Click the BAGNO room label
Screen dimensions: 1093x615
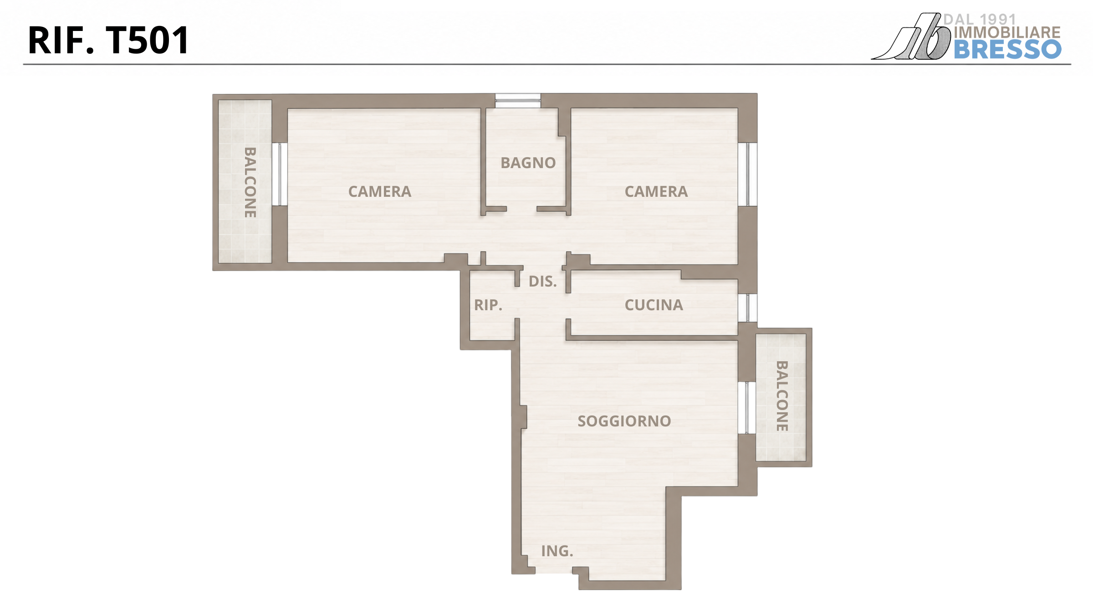528,163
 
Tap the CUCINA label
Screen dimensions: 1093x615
654,305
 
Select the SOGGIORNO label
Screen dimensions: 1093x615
624,421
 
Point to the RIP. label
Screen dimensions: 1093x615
488,305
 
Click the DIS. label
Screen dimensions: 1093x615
542,281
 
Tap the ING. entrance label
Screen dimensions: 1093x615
557,551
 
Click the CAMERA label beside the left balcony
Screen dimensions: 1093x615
379,191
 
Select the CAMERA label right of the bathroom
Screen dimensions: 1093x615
656,191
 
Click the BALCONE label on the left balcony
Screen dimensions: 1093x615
250,182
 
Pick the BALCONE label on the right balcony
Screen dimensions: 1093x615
781,396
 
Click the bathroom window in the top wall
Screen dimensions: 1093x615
518,101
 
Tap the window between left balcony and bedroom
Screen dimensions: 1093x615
280,174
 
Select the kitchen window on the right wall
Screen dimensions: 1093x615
747,307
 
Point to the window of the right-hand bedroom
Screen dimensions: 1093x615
747,174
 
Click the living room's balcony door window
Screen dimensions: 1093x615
747,408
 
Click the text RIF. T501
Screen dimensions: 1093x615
108,40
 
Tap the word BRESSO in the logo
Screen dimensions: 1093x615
1007,49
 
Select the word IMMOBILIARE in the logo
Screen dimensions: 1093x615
1007,32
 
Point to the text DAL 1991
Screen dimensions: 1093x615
980,19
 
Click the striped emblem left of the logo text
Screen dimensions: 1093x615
911,36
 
